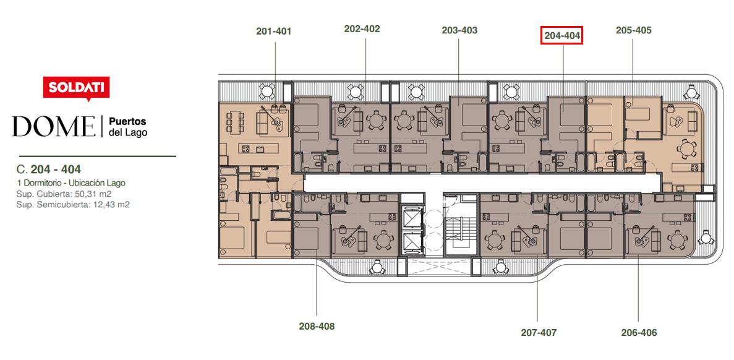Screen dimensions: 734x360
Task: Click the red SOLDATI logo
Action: tap(76, 88)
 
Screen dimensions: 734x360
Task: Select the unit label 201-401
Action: tap(274, 32)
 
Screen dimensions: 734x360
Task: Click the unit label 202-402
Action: tap(362, 28)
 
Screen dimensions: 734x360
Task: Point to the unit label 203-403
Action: tap(459, 30)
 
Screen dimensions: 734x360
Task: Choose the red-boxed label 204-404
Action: tap(561, 35)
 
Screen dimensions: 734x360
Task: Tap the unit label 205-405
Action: tap(633, 30)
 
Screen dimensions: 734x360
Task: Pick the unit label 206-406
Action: tap(639, 333)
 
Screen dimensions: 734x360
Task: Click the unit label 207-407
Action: tap(539, 333)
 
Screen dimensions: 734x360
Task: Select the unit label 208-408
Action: tap(317, 327)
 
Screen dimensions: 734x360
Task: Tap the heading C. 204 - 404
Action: tap(48, 169)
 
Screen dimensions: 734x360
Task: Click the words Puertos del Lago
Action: tap(128, 127)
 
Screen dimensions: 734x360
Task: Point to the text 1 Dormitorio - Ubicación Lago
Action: tap(70, 183)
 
